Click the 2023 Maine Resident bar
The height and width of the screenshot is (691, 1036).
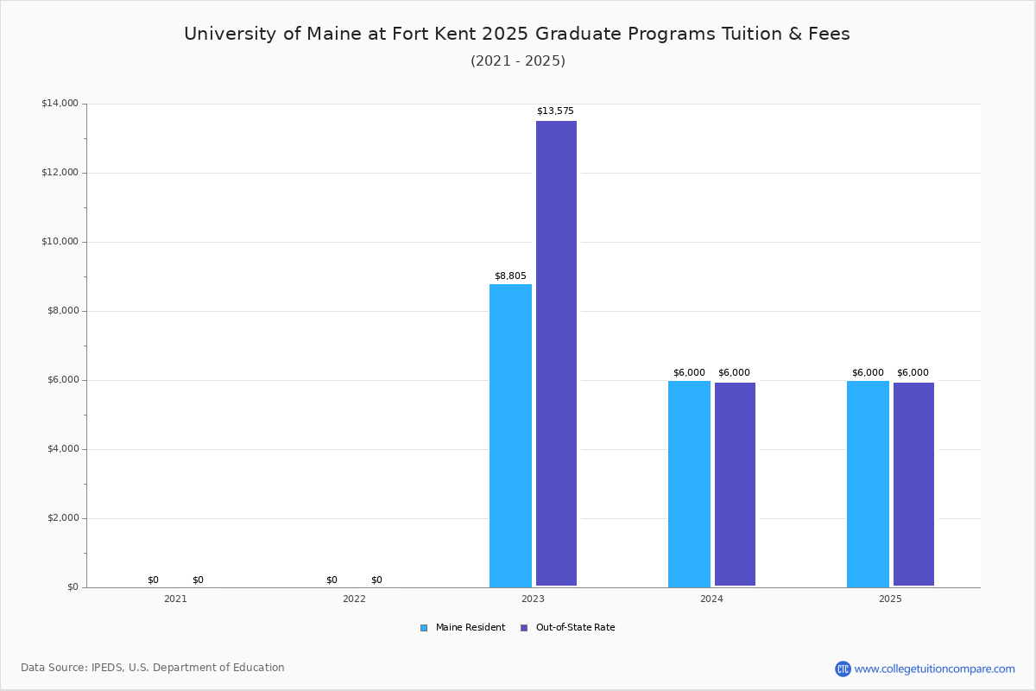click(x=510, y=435)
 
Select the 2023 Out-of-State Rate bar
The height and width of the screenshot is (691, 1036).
click(x=556, y=353)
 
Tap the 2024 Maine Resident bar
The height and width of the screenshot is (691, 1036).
click(x=689, y=484)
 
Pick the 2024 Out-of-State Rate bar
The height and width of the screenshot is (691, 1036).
click(x=735, y=484)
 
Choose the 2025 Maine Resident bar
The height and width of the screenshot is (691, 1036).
click(x=869, y=484)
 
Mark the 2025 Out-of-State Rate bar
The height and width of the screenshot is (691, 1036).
click(x=914, y=484)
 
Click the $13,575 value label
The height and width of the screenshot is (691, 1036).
click(x=555, y=111)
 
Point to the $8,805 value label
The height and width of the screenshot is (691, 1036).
click(x=510, y=276)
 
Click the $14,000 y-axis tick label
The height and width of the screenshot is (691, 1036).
click(x=60, y=103)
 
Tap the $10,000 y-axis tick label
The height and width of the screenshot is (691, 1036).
click(x=60, y=241)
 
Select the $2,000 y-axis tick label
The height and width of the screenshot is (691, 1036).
click(x=63, y=517)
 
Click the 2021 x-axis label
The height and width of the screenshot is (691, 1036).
click(x=176, y=599)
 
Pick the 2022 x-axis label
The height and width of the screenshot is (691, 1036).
click(x=354, y=599)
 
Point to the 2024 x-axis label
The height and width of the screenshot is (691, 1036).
click(x=711, y=599)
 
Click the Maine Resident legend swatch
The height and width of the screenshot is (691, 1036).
click(x=424, y=628)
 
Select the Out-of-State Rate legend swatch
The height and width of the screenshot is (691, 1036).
click(x=524, y=628)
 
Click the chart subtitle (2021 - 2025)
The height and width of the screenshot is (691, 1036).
click(x=518, y=61)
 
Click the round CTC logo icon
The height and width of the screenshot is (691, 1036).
click(x=843, y=669)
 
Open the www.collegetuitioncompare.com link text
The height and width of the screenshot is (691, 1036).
click(x=935, y=669)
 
